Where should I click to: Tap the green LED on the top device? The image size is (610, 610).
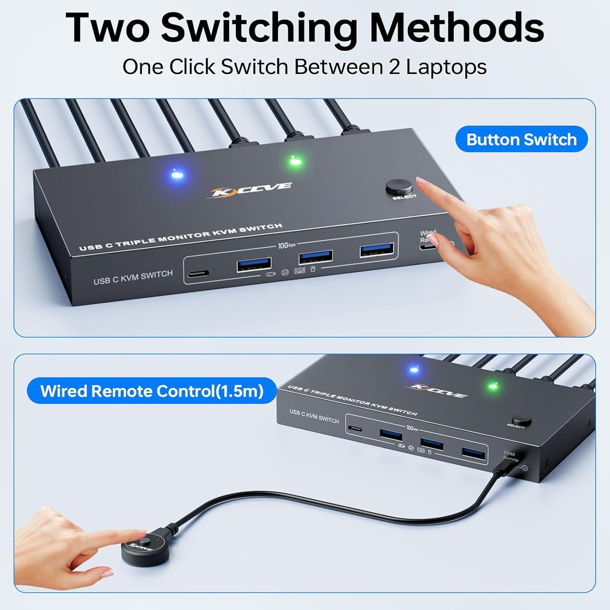tap(295, 161)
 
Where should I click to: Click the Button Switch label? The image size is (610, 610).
tap(521, 139)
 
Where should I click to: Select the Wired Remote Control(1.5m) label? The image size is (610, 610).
tap(152, 391)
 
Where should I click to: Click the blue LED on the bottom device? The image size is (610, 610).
tap(414, 370)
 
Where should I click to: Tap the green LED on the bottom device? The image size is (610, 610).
tap(492, 386)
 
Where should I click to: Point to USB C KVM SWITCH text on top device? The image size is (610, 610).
tap(133, 277)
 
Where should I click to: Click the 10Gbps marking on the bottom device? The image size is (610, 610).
tap(412, 428)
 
